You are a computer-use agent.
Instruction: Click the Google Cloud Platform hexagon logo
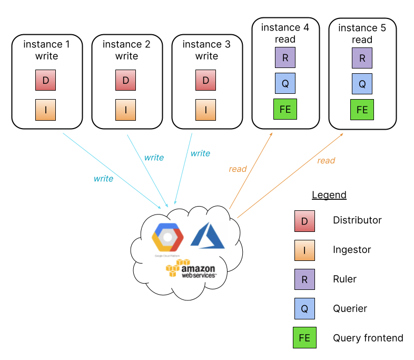(x=167, y=238)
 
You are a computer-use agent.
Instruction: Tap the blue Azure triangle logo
(x=208, y=235)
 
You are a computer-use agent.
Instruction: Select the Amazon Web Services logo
(x=191, y=269)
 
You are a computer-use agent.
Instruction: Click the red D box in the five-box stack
(x=304, y=221)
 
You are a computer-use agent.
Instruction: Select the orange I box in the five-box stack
(x=304, y=250)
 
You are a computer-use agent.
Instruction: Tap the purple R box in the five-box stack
(x=304, y=279)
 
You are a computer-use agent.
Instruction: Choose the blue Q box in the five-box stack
(x=304, y=308)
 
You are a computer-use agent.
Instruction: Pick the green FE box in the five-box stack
(x=304, y=338)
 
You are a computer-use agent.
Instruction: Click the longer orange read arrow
(x=290, y=176)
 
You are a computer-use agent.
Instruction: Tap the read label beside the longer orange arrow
(x=326, y=161)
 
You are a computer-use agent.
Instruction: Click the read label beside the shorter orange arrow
(x=238, y=169)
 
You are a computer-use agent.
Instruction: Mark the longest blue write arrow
(x=112, y=170)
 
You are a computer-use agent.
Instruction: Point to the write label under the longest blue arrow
(x=103, y=179)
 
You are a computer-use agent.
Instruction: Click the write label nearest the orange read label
(x=200, y=153)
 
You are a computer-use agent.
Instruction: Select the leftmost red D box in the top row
(x=45, y=81)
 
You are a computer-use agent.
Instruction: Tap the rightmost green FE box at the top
(x=362, y=110)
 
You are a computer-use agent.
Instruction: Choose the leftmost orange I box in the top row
(x=45, y=110)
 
